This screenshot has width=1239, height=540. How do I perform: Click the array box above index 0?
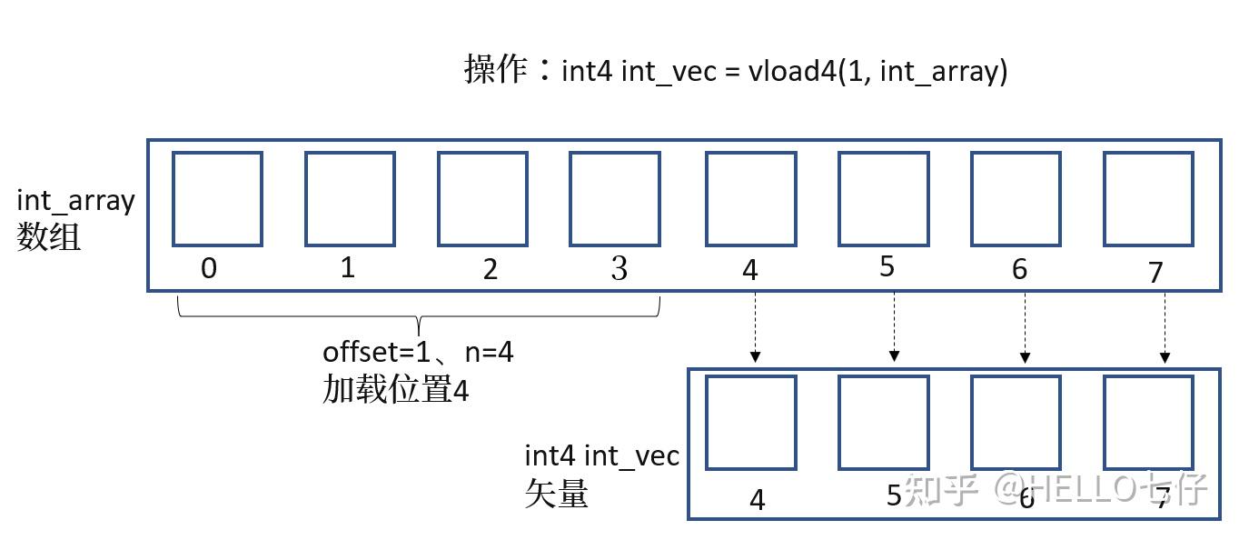[x=217, y=198]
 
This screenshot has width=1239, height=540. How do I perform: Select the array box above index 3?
[x=614, y=198]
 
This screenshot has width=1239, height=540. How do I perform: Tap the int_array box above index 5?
[x=883, y=198]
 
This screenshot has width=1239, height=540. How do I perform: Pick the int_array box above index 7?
[x=1148, y=198]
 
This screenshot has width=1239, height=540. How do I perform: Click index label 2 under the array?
[x=491, y=270]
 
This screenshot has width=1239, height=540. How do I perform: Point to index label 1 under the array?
[x=348, y=269]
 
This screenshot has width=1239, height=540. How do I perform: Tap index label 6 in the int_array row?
[x=1019, y=270]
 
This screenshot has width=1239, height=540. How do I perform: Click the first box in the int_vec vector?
[x=750, y=422]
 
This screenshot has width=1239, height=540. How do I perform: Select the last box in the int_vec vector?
[x=1148, y=422]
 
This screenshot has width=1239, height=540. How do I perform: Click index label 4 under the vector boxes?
[x=757, y=500]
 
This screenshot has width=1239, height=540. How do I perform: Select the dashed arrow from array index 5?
[x=895, y=325]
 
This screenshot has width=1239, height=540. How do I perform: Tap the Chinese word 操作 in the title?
[x=495, y=69]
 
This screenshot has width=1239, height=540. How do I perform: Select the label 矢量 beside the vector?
[x=557, y=493]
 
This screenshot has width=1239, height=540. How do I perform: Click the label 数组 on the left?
[x=48, y=236]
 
